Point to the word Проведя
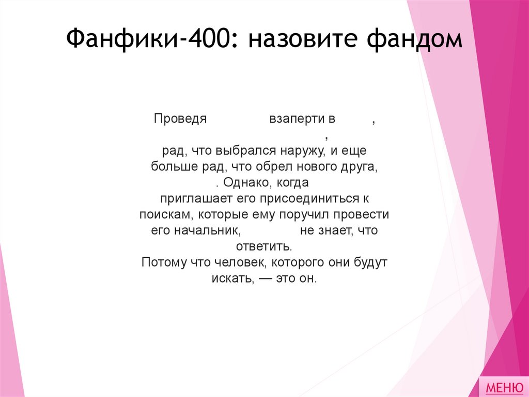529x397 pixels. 180,119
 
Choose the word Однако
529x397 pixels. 247,183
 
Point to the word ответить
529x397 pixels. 264,246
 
